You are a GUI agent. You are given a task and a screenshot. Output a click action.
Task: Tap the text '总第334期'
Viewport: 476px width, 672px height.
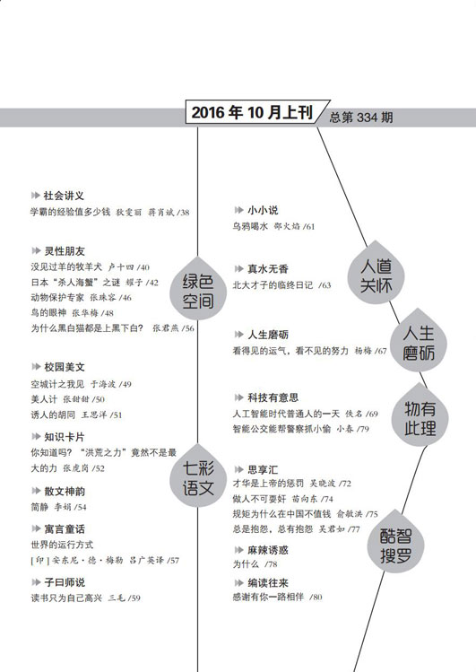coord(361,118)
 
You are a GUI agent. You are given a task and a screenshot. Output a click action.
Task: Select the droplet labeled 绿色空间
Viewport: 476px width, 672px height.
coord(198,288)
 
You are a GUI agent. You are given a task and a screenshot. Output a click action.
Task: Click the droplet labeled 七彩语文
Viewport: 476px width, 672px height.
coord(198,476)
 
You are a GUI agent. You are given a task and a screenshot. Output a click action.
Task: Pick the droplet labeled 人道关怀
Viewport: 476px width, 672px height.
coord(376,273)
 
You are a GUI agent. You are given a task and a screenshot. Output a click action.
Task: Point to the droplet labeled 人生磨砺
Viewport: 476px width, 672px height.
coord(419,340)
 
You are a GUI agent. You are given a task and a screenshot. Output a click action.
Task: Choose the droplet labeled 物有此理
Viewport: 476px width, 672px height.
coord(420,415)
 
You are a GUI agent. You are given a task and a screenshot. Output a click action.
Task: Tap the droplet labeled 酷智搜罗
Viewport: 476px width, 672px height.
coord(395,541)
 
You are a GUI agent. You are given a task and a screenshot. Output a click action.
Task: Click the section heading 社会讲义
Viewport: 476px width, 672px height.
coord(64,196)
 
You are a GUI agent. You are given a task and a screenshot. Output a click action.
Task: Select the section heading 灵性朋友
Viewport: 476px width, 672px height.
coord(65,251)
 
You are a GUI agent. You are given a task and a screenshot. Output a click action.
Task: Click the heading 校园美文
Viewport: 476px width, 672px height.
coord(65,367)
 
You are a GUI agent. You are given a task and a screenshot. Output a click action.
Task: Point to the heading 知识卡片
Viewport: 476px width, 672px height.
coord(65,437)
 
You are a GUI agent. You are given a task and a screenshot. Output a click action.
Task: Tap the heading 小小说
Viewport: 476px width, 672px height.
coord(263,211)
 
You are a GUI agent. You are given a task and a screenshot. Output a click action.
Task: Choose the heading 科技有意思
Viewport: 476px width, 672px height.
coord(273,397)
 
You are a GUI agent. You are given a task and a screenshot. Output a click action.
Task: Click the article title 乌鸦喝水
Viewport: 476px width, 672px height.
coord(250,226)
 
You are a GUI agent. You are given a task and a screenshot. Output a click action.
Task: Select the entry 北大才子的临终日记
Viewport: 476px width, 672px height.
coord(273,285)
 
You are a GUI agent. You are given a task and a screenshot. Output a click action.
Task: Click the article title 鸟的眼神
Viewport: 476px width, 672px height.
coord(48,313)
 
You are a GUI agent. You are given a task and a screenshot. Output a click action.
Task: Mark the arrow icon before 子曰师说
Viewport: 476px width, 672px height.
coord(36,582)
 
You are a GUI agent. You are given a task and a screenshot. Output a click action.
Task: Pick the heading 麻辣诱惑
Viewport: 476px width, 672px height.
coord(268,550)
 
